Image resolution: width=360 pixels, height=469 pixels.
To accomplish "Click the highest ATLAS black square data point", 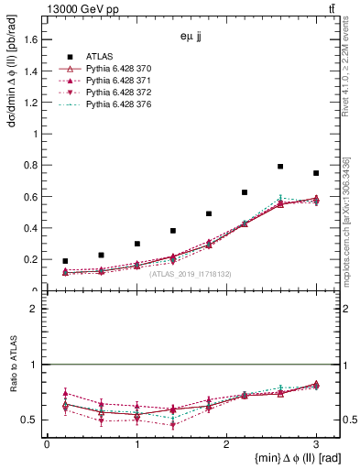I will (x=280, y=167).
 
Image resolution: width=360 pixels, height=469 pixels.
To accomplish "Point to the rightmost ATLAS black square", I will (x=316, y=173).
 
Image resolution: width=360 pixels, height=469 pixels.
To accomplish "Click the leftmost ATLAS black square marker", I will (x=65, y=261).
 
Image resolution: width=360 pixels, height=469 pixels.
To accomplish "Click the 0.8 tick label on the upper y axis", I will (x=30, y=165).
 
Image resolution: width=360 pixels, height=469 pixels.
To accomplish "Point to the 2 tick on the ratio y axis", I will (x=34, y=309).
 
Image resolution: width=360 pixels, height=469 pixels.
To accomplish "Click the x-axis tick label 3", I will (x=316, y=444).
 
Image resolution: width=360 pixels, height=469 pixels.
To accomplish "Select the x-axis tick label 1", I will (x=136, y=444).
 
